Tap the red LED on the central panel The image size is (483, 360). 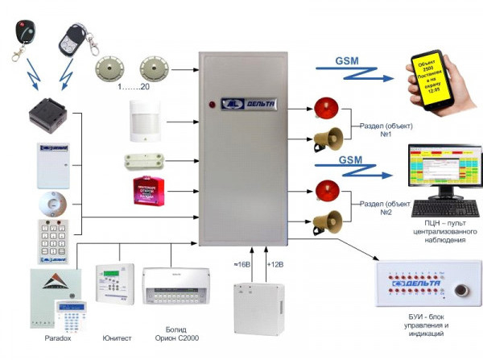pyautogui.click(x=212, y=104)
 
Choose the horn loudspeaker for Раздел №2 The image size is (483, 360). pyautogui.click(x=325, y=221)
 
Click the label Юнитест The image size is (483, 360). pyautogui.click(x=110, y=339)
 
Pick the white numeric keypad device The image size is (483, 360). pyautogui.click(x=54, y=238)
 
